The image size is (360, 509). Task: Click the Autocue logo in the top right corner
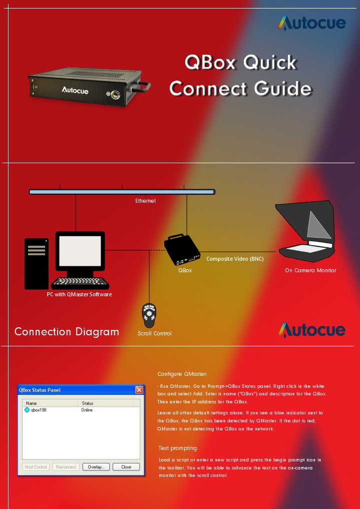(311, 23)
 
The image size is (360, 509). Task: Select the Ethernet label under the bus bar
(145, 201)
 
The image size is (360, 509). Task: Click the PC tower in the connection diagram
(37, 263)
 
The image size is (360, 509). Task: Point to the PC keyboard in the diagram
(80, 283)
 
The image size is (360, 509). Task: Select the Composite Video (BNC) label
(235, 259)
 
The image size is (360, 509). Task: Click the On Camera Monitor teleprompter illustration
(307, 231)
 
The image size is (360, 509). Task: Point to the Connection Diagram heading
(67, 332)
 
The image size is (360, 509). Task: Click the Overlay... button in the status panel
(96, 467)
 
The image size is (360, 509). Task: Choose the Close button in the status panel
(126, 467)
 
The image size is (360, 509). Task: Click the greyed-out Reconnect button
(66, 467)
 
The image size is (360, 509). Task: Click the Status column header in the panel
(88, 403)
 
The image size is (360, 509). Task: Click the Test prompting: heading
(178, 448)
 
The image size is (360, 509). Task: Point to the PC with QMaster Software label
(79, 294)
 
